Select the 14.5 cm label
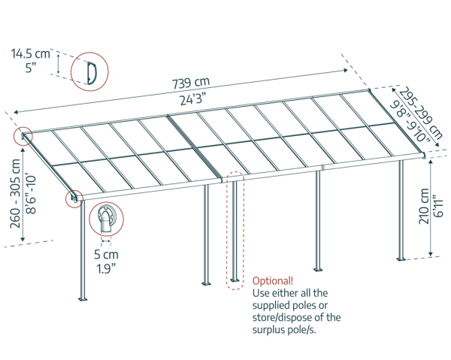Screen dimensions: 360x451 (30, 53)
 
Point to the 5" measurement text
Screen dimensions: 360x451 (30, 68)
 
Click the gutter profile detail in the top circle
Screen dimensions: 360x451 (90, 72)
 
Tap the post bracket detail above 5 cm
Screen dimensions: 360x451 (104, 218)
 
